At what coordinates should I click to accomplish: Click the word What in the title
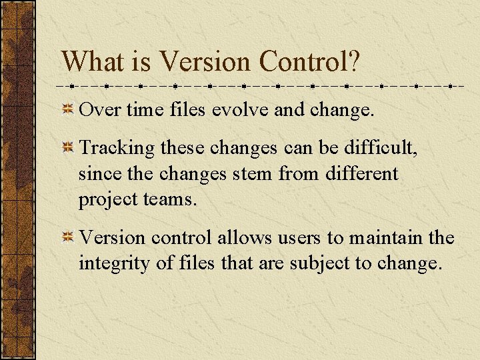(x=92, y=61)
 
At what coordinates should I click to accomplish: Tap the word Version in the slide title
(x=206, y=61)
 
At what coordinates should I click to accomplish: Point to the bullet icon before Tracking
(x=67, y=149)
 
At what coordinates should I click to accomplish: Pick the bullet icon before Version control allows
(x=67, y=238)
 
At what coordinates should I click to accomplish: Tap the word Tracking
(x=117, y=149)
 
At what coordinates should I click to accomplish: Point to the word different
(x=362, y=174)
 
